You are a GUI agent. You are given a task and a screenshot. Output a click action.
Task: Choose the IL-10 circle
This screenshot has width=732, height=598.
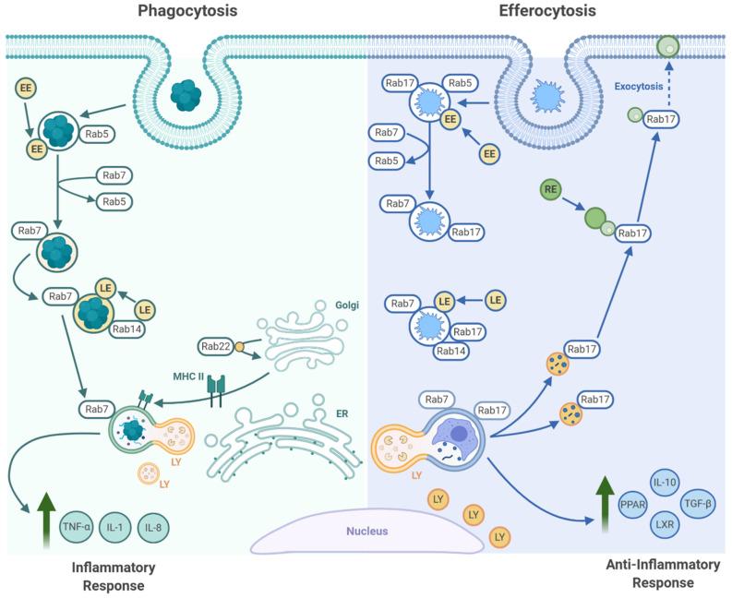(x=666, y=482)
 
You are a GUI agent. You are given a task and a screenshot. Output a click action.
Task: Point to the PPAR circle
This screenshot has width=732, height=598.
(x=633, y=505)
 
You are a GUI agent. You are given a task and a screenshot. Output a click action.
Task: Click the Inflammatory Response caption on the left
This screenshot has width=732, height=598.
(x=113, y=575)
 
